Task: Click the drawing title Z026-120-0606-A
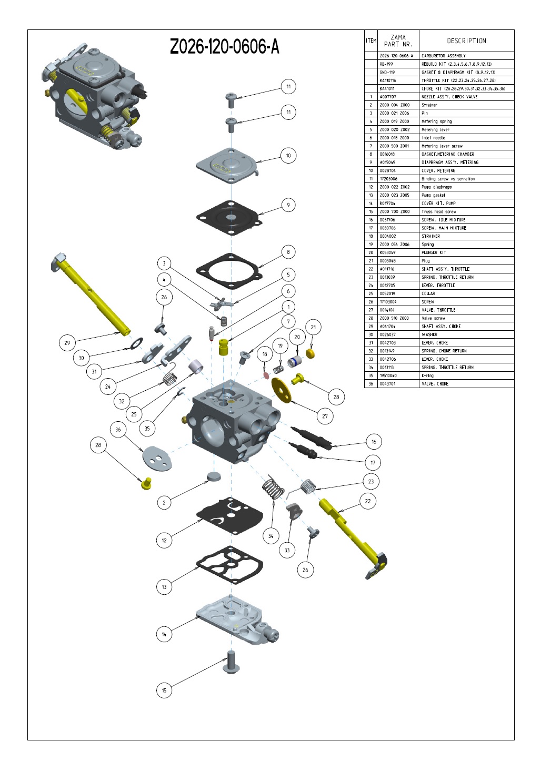point(224,47)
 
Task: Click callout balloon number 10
point(288,156)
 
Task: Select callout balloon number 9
point(288,205)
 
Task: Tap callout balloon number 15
point(164,690)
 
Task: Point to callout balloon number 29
point(67,343)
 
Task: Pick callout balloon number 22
point(368,501)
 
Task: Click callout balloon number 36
point(118,430)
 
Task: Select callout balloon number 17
point(373,463)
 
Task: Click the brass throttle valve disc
point(282,390)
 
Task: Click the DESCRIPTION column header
point(466,41)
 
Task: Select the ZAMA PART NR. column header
point(398,41)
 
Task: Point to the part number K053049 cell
point(387,252)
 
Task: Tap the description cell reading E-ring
point(428,375)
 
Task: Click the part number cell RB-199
point(386,64)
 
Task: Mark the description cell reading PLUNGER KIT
point(434,252)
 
